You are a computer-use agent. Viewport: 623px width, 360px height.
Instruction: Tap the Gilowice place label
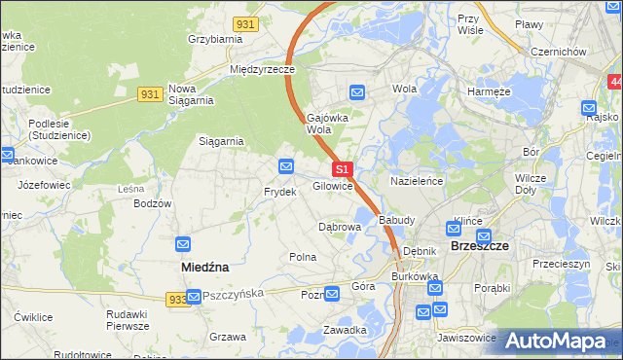click(x=332, y=185)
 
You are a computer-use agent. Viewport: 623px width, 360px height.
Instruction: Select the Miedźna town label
click(x=204, y=265)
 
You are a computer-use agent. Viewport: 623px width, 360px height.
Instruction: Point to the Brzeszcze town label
click(x=481, y=246)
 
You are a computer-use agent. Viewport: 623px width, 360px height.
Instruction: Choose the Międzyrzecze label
click(x=262, y=70)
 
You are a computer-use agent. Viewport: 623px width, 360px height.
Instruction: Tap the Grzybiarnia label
click(x=214, y=39)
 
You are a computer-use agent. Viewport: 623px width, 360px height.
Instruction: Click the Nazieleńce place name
click(x=418, y=181)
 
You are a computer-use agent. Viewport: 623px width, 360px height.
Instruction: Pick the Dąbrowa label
click(x=340, y=227)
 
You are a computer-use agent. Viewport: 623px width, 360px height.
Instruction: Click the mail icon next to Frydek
click(x=286, y=165)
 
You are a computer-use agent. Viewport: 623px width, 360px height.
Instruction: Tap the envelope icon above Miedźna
click(x=183, y=243)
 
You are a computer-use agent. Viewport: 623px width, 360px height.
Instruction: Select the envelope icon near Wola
click(x=357, y=92)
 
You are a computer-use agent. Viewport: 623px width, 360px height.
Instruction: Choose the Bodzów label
click(x=153, y=203)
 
